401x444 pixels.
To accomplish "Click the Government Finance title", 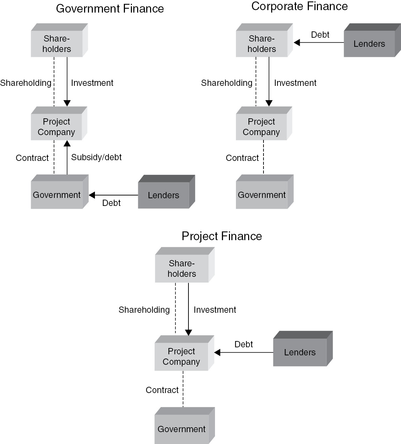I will [110, 9].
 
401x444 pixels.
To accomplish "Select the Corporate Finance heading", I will [299, 6].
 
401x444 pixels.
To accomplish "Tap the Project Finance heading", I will [222, 236].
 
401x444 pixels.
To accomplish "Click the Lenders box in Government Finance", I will [164, 195].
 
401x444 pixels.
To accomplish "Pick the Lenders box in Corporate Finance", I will [369, 44].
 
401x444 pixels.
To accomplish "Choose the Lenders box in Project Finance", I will [300, 352].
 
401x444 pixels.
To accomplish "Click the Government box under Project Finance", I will [181, 429].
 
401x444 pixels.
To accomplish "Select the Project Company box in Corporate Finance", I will [261, 127].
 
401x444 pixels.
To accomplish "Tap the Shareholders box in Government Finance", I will [57, 44].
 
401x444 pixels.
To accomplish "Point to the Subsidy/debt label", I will [96, 157].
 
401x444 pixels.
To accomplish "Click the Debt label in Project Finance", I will [244, 345].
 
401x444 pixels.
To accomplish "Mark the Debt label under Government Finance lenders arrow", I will [111, 203].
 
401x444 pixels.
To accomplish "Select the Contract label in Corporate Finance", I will [242, 158].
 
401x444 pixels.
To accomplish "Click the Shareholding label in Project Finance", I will [144, 310].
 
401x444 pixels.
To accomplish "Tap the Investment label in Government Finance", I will [92, 83].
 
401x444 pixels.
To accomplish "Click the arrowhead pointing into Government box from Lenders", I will [92, 195].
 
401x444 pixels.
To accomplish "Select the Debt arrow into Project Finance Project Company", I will [244, 353].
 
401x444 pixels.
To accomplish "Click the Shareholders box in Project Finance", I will [181, 268].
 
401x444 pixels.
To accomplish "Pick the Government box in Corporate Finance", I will [262, 195].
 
